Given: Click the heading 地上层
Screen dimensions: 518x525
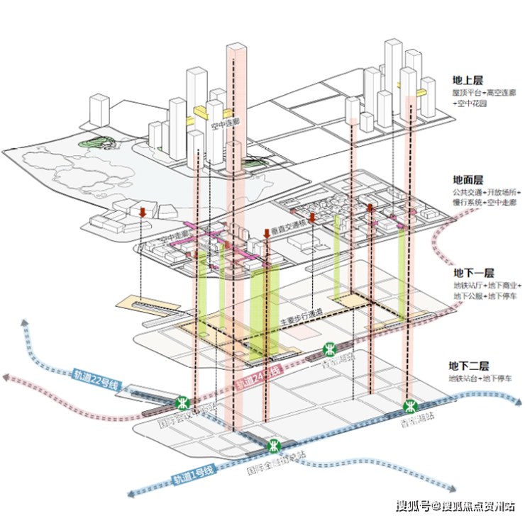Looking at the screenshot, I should [468, 81].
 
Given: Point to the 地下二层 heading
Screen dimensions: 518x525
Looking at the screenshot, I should [468, 366].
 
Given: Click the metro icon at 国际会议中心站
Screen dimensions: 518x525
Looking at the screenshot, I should [184, 402].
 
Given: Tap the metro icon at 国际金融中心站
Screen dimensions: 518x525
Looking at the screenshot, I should [274, 446].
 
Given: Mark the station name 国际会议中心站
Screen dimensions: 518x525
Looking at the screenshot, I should [185, 417].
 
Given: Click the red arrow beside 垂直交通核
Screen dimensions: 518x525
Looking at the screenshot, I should [266, 234].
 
